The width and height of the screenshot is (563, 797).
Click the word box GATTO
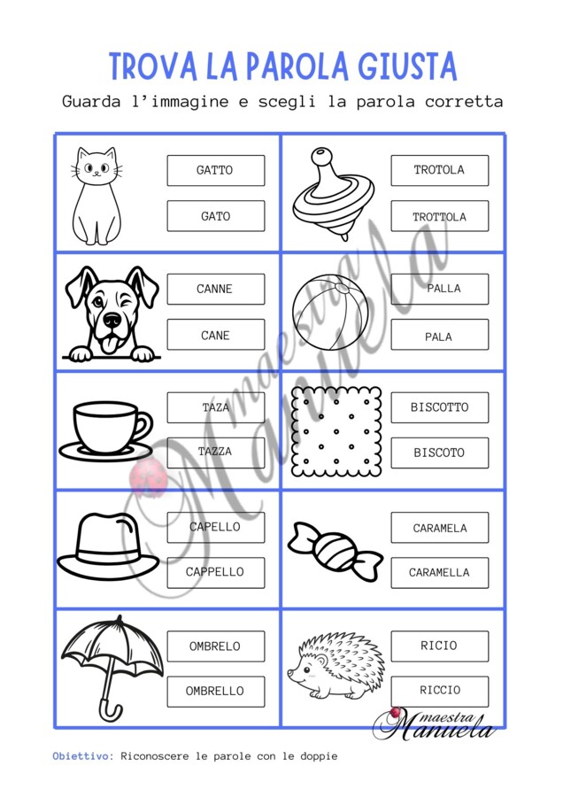(216, 170)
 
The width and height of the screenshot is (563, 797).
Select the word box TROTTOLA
(440, 216)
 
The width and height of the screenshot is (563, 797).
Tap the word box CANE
(216, 335)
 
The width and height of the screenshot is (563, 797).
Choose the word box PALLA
(440, 289)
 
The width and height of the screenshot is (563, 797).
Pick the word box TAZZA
(216, 453)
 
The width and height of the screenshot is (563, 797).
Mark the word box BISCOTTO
(440, 407)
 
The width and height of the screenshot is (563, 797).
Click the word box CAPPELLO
(216, 572)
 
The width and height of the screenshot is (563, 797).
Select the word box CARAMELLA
(440, 572)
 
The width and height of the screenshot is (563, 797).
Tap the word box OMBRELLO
(216, 692)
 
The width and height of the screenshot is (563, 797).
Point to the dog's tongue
(108, 344)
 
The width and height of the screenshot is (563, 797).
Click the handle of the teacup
(143, 426)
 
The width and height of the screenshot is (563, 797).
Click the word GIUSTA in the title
(407, 66)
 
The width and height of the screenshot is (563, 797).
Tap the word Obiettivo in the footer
(81, 756)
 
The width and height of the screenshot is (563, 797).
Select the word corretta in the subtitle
(464, 102)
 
